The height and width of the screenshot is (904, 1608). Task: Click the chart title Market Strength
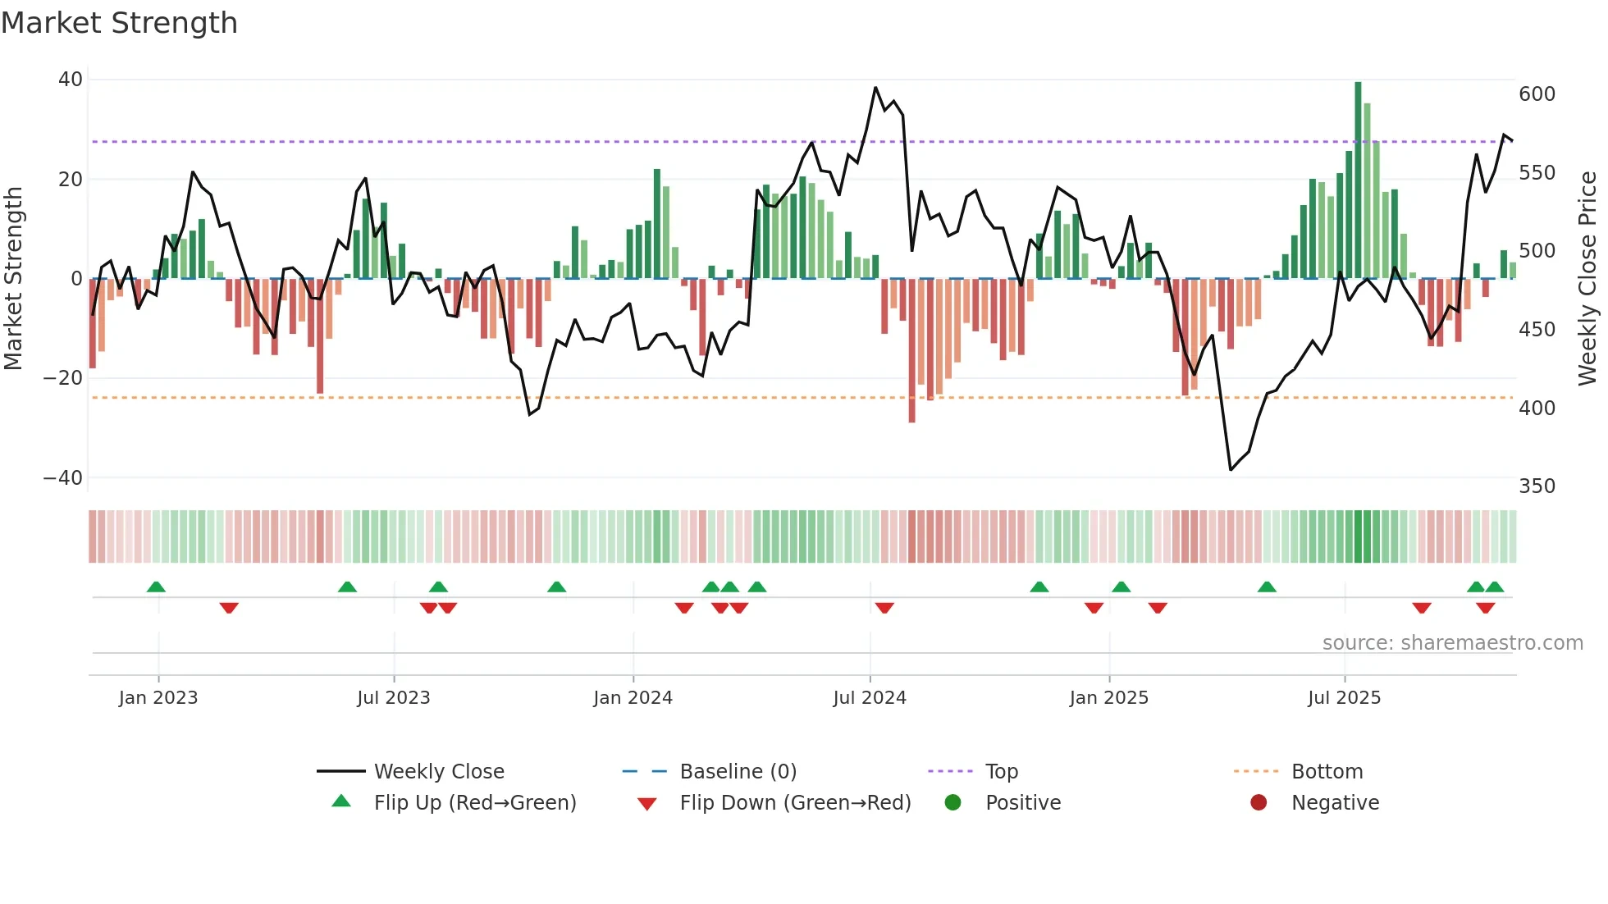click(119, 23)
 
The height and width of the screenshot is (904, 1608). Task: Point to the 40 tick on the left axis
click(71, 80)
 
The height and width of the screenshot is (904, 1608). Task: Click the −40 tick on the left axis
click(63, 477)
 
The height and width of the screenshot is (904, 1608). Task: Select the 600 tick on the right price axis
click(1537, 94)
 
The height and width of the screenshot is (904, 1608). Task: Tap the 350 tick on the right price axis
click(1537, 486)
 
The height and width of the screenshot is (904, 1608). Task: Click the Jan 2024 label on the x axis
click(633, 698)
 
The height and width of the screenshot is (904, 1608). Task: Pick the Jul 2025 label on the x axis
click(1344, 698)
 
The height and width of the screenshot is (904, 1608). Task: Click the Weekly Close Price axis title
click(1587, 279)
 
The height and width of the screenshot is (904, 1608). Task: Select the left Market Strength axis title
click(13, 279)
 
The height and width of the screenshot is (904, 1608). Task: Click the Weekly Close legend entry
click(439, 772)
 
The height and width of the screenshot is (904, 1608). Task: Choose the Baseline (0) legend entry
click(738, 772)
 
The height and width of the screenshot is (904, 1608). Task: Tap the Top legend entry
click(1001, 772)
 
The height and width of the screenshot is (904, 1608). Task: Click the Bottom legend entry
click(1327, 772)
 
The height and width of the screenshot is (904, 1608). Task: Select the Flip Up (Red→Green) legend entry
click(475, 803)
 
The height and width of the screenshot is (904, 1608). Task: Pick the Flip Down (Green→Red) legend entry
click(795, 803)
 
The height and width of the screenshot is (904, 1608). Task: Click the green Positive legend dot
click(952, 802)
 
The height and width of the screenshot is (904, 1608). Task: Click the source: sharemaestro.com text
click(1452, 643)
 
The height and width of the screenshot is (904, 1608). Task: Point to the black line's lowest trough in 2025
click(1231, 469)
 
